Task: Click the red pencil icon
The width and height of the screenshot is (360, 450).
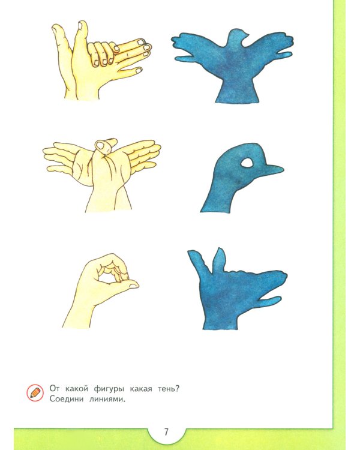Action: point(35,392)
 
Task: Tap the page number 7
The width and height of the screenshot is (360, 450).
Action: point(166,432)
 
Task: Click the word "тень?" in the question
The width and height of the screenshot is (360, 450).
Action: point(169,389)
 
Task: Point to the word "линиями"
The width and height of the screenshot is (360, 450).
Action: point(107,400)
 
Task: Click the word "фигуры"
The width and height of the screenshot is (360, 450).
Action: point(109,389)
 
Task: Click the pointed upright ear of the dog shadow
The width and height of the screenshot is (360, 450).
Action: point(219,260)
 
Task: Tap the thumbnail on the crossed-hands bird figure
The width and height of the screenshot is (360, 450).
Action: point(100,145)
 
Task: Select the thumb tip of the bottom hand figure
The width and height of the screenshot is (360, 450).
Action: point(133,285)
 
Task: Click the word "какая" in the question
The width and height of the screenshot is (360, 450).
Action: point(140,389)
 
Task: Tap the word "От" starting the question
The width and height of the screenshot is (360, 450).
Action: point(54,389)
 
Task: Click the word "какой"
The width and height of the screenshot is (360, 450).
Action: point(76,389)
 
